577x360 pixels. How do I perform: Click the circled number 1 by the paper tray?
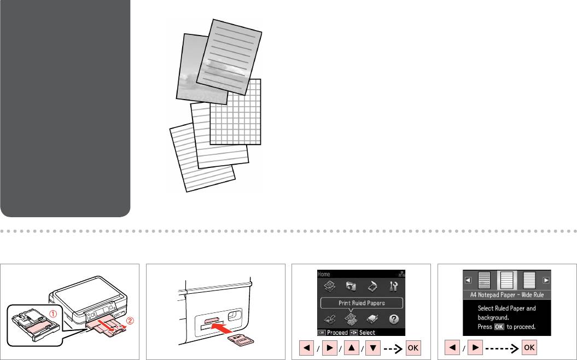point(54,314)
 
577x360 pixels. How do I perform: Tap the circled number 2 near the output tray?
point(130,321)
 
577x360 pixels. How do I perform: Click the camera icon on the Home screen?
point(351,286)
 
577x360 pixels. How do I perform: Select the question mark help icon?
point(393,319)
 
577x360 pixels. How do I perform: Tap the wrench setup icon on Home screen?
point(393,286)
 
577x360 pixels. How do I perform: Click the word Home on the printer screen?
point(324,274)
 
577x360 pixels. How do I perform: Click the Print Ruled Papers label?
point(362,303)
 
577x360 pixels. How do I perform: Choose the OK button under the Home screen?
point(413,348)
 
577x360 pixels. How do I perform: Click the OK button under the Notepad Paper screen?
point(529,347)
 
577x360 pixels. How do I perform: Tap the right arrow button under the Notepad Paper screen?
point(475,347)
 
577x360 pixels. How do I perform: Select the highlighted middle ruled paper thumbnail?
point(506,280)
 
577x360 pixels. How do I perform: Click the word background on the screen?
point(493,317)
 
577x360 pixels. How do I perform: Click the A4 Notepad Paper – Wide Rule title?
point(506,295)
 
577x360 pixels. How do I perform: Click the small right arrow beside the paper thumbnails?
point(546,280)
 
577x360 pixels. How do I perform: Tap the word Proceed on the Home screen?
point(337,333)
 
